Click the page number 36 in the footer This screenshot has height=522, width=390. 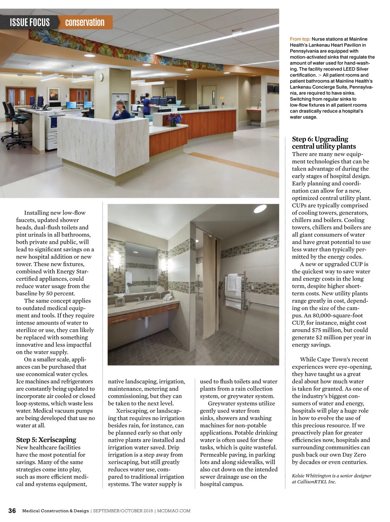pos(12,511)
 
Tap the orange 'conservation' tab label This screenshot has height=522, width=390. pos(84,22)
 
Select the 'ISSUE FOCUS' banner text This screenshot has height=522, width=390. pos(30,22)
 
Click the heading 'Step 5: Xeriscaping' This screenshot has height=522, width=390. pos(46,440)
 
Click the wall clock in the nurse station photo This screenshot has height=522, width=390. pos(101,77)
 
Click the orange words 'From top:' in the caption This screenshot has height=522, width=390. pos(300,39)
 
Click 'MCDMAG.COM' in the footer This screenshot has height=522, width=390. pos(174,511)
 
